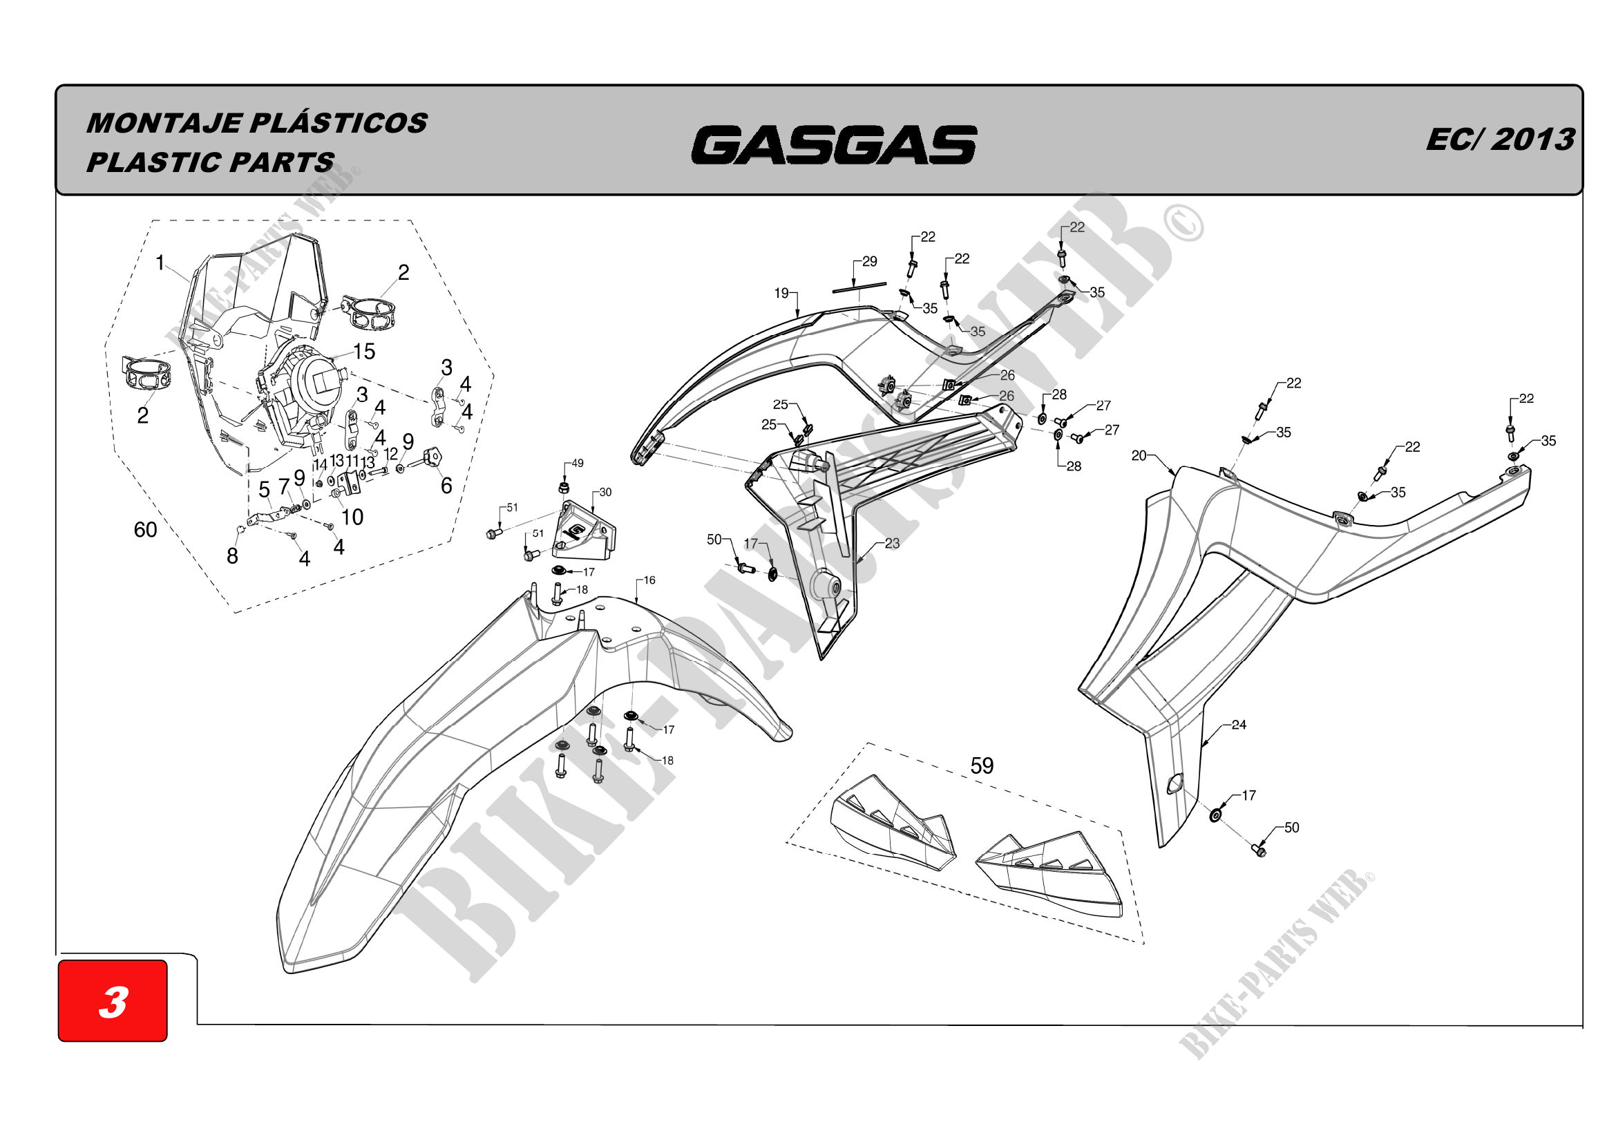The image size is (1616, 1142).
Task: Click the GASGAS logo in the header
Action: [833, 145]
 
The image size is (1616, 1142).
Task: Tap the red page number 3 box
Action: [113, 1000]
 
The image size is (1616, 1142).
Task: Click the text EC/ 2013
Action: [1500, 140]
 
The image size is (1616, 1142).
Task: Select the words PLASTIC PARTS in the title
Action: [210, 162]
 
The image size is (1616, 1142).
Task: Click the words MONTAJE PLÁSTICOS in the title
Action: [257, 123]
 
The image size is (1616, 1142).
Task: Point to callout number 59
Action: [982, 765]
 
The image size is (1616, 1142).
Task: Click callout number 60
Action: [145, 530]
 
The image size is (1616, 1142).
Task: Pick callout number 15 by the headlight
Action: [364, 352]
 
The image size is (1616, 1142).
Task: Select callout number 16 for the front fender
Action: [649, 580]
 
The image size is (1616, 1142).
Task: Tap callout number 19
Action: [781, 293]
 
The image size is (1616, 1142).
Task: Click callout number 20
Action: [1139, 456]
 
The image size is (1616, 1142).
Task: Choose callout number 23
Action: [892, 543]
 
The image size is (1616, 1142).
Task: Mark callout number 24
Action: [1239, 725]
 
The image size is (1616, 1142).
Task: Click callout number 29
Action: [870, 262]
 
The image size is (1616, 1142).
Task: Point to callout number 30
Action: [605, 493]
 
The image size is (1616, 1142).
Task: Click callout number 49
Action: [577, 464]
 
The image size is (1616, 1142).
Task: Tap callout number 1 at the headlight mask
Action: [160, 263]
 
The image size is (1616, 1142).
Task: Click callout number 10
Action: [352, 517]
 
